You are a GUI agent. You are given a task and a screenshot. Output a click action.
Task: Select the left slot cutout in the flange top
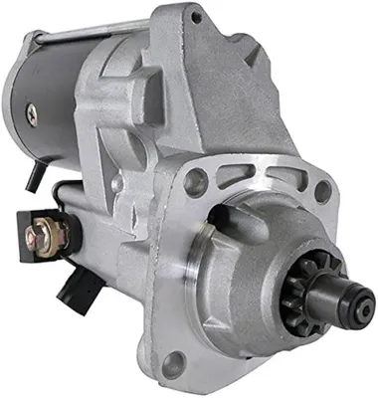click(236, 177)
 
